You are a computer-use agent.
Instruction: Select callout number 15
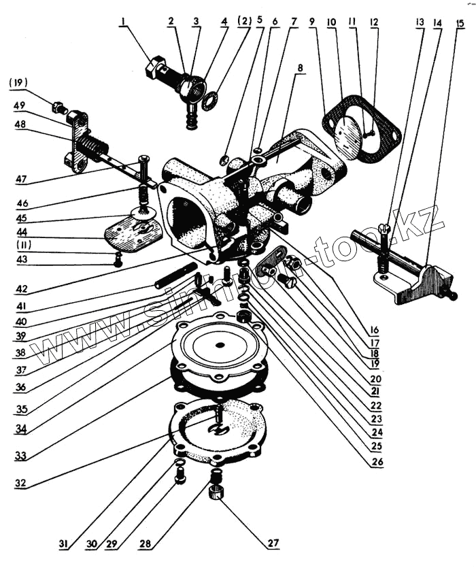460,24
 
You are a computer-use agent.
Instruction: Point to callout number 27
273,542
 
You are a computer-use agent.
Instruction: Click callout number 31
63,544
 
